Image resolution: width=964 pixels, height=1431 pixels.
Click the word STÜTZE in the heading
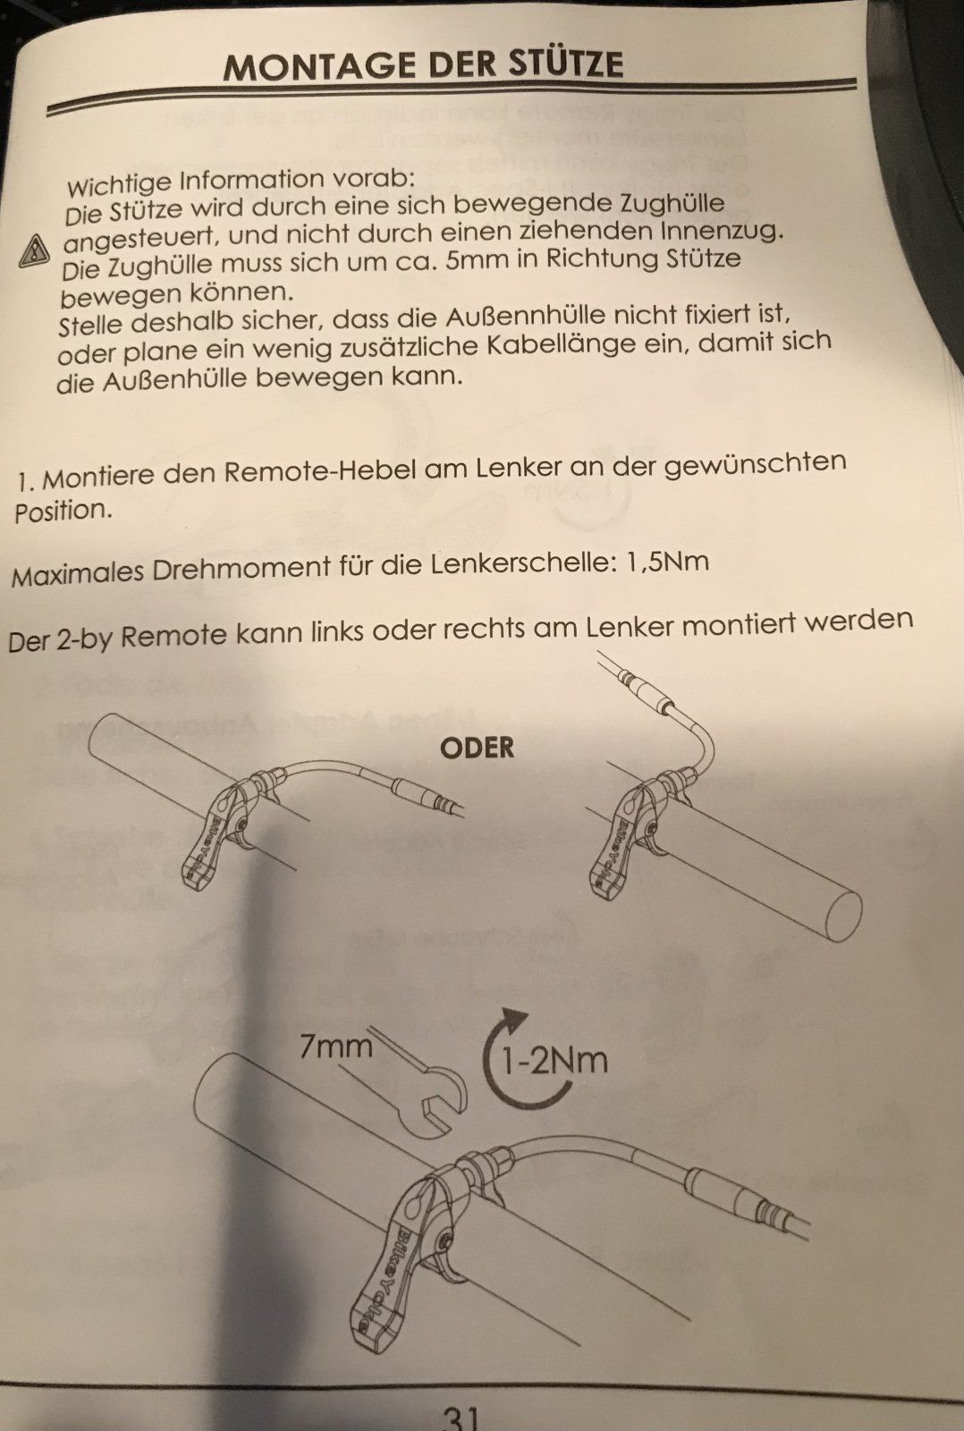pos(559,64)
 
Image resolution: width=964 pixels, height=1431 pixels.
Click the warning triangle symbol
pos(35,251)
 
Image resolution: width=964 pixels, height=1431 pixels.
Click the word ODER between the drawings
pos(477,748)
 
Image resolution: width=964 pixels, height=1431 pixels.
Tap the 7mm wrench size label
pos(336,1047)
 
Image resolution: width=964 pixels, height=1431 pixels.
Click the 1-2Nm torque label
pos(554,1061)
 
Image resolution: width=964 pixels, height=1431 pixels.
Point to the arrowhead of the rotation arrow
pos(515,1017)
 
